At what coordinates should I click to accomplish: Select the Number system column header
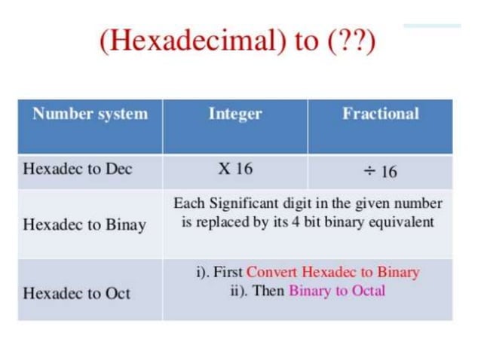[x=90, y=114]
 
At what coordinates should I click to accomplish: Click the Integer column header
[x=235, y=114]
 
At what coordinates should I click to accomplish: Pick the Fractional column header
[x=380, y=114]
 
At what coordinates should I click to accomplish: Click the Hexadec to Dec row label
[x=77, y=169]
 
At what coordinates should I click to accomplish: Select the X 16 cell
[x=235, y=169]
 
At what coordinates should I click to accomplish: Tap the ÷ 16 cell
[x=380, y=171]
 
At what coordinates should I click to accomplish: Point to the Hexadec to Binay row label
[x=84, y=224]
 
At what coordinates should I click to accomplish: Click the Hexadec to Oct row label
[x=77, y=293]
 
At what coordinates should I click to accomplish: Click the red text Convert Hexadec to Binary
[x=332, y=272]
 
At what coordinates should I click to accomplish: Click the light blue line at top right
[x=431, y=26]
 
